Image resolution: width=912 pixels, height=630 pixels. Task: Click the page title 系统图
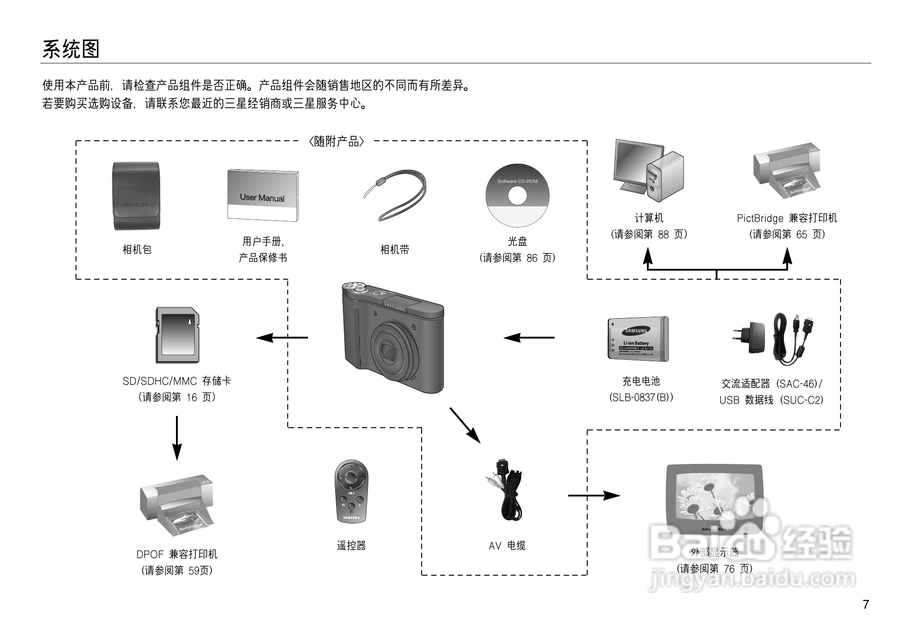[x=71, y=49]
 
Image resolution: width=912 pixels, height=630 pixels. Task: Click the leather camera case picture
[x=136, y=196]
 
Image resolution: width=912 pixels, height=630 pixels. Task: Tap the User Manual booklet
[x=262, y=196]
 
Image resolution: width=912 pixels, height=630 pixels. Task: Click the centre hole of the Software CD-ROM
[x=517, y=196]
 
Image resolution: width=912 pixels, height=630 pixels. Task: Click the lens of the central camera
[x=389, y=351]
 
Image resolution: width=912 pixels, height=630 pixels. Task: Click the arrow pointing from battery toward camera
[x=529, y=337]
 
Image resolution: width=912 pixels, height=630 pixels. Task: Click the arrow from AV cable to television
[x=594, y=496]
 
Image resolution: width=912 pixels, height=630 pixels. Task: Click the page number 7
[x=865, y=605]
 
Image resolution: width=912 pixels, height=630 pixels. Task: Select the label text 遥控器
[x=351, y=546]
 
